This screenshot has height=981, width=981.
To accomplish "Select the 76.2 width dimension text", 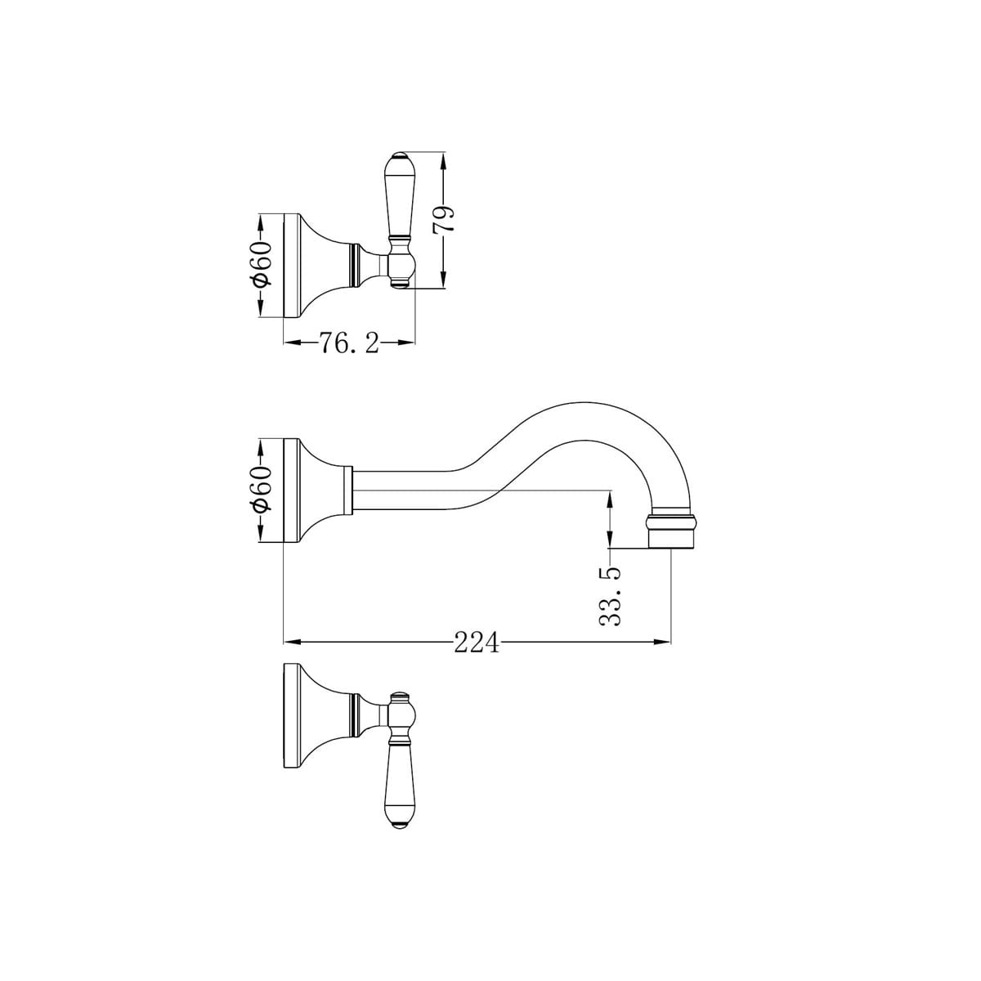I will [x=349, y=344].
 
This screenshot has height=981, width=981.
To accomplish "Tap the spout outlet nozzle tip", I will [x=671, y=532].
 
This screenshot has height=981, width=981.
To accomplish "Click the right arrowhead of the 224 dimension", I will [x=665, y=643].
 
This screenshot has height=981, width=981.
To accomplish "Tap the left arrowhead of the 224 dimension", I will [x=289, y=643].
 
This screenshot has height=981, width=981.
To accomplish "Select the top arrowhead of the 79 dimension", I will [x=444, y=158].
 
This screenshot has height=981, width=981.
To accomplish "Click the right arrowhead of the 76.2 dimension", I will [x=409, y=344].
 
